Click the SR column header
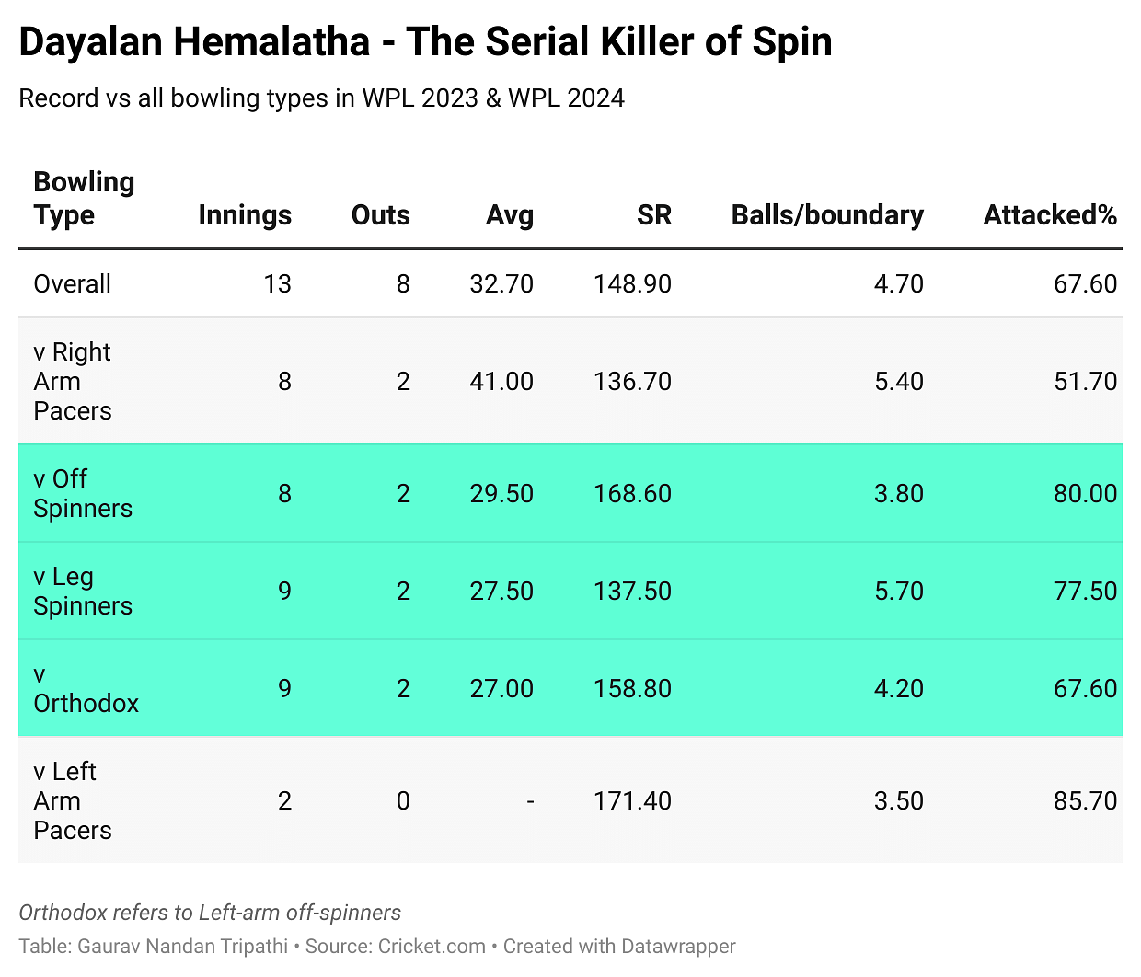pos(653,214)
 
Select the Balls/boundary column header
pos(826,214)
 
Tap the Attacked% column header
pos(1049,214)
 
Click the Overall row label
pos(72,283)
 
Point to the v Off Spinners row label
pos(83,493)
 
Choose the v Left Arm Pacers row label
pos(73,800)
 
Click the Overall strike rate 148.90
pos(632,283)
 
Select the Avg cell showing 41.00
pos(501,381)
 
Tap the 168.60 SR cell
pos(632,493)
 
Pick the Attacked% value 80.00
pos(1085,493)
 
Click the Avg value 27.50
pos(501,591)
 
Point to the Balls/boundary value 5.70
pos(898,591)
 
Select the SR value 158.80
pos(632,688)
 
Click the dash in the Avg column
pos(530,800)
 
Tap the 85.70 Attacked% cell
pos(1085,800)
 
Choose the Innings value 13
pos(277,283)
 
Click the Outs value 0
pos(403,800)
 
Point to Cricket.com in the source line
pos(432,946)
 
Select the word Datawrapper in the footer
pos(678,946)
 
